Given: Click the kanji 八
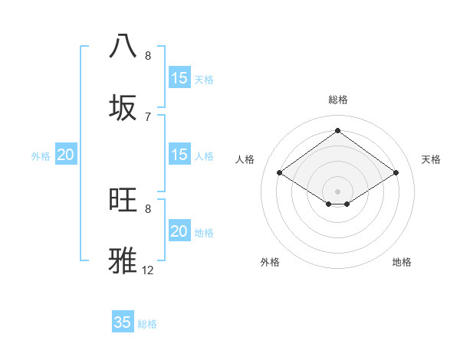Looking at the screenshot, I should [123, 46].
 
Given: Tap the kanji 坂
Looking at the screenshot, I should [123, 107].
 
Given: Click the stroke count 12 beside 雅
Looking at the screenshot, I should [148, 270].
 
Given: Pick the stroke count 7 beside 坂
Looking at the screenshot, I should [148, 116].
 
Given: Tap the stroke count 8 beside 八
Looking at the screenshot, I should [148, 56].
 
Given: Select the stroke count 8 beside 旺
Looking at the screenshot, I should [148, 208].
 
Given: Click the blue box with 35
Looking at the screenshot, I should [123, 322].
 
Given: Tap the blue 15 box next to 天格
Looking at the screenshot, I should [179, 78].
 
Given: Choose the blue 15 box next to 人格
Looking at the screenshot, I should [179, 155].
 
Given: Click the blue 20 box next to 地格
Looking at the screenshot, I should [179, 231].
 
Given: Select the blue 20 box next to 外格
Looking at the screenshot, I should [66, 155].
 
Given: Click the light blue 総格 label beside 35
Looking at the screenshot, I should [147, 324].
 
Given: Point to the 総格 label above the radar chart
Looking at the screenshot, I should [338, 100].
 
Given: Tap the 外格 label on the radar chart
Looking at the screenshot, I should [270, 262].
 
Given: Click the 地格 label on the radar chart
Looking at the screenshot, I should [402, 262].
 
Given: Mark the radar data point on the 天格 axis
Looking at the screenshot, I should [396, 173].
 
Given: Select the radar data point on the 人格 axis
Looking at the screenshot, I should [280, 173].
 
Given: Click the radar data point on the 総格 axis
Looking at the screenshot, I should [338, 130].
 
